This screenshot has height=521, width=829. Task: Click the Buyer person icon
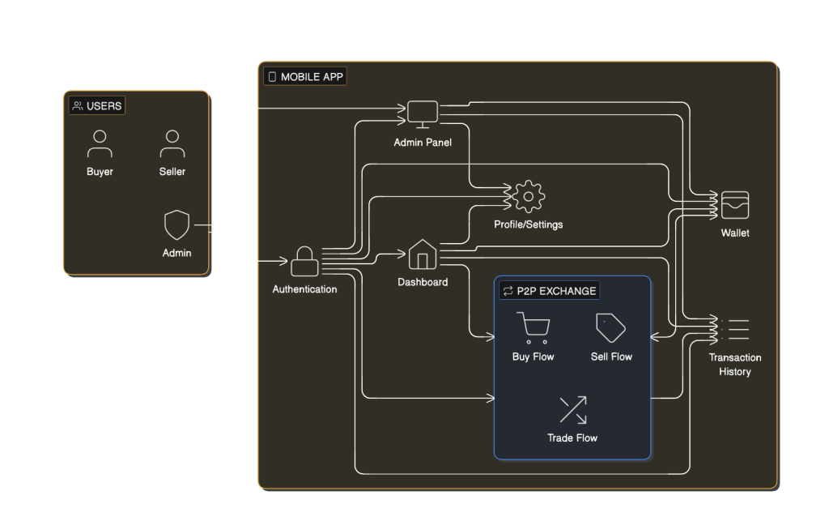100,143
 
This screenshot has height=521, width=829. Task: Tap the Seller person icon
172,143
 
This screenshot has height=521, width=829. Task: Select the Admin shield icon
176,224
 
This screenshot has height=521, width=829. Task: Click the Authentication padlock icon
304,262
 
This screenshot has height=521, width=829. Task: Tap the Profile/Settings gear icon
529,197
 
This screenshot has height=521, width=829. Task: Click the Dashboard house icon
422,254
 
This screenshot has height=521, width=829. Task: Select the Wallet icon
735,205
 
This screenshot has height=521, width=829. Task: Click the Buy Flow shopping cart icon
533,327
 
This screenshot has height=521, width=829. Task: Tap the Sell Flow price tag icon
610,327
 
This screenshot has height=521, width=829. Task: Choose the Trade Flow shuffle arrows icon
572,409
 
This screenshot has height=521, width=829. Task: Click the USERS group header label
97,106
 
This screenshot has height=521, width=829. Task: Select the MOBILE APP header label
305,77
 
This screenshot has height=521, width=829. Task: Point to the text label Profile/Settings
529,224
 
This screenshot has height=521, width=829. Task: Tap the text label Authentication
304,289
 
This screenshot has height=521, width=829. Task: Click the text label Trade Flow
572,438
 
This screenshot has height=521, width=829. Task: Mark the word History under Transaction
735,372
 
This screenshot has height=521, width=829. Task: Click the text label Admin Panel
423,143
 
